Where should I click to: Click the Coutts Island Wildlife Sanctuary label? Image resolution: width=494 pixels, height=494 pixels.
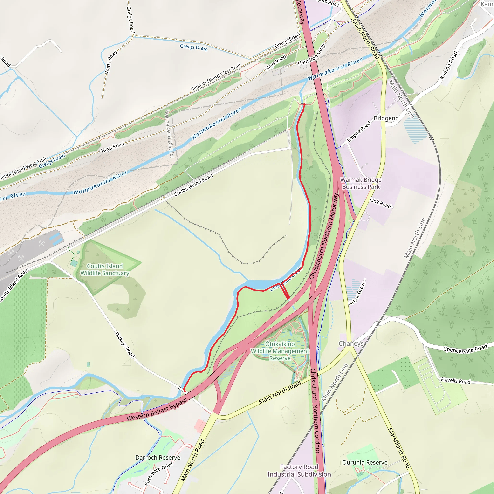[105, 269]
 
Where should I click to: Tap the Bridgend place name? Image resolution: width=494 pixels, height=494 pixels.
[386, 118]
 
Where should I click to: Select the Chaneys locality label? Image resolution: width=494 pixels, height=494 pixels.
[351, 343]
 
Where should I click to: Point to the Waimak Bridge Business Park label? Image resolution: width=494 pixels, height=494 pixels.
[361, 183]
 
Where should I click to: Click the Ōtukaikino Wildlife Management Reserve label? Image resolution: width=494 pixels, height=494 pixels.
[280, 351]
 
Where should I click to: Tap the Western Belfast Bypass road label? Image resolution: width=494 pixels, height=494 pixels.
[157, 410]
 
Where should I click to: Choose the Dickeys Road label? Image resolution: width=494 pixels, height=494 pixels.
[124, 345]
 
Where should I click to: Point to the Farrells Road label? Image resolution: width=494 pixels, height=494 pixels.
[456, 381]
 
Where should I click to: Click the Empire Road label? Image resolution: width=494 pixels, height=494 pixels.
[359, 132]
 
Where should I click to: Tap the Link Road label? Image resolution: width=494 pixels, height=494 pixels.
[380, 203]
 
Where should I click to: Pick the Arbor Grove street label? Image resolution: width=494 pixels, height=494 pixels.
[357, 293]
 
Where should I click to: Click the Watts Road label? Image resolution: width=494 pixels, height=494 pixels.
[111, 62]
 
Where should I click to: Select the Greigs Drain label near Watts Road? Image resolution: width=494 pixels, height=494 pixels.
[194, 47]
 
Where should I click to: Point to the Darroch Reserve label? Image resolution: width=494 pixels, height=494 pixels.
[158, 457]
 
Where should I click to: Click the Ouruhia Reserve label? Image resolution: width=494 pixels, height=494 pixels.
[365, 463]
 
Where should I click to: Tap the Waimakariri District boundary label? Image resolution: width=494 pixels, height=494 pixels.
[169, 133]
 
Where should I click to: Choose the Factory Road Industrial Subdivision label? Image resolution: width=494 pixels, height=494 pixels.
[299, 470]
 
